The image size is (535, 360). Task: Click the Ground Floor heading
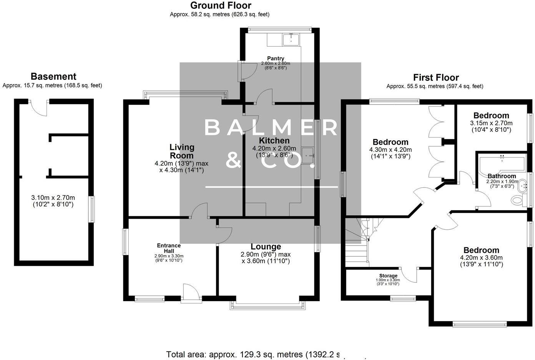click(221, 5)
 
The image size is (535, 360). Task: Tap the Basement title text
click(53, 76)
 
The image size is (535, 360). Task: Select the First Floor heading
click(436, 78)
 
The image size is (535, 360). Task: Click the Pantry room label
click(276, 58)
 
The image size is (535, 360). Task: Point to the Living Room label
click(182, 151)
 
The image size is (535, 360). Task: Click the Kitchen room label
click(274, 141)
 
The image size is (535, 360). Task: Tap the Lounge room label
click(266, 247)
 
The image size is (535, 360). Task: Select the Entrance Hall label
click(169, 248)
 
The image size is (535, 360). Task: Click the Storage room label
click(388, 275)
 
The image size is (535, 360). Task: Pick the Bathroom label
click(502, 176)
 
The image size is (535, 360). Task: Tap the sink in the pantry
click(291, 39)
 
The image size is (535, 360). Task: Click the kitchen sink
click(308, 155)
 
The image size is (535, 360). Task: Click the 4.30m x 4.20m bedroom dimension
click(390, 150)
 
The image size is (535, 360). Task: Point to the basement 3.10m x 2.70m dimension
click(53, 198)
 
